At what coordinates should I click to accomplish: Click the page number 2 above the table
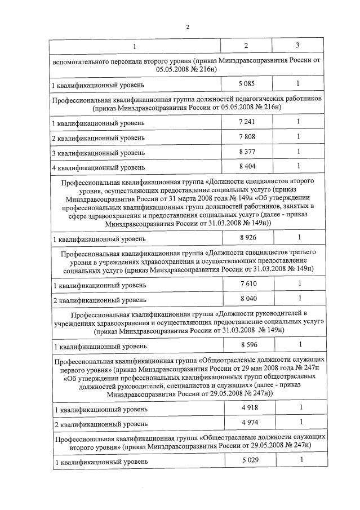tap(188, 26)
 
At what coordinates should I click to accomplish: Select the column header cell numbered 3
tap(297, 45)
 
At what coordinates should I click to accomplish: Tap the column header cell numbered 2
tap(246, 45)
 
